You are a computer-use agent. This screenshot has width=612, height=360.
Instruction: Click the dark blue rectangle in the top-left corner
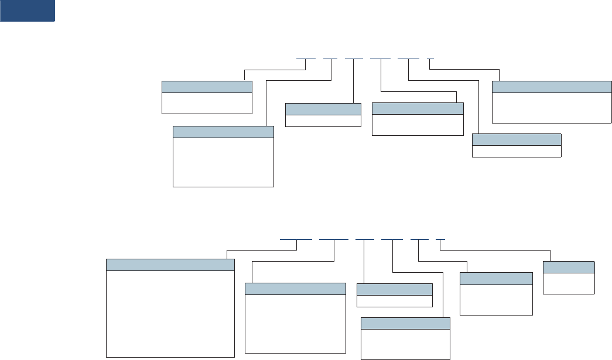28,11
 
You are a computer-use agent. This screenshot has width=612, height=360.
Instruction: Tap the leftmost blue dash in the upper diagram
306,59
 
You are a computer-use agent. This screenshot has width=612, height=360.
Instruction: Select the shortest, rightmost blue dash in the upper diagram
431,59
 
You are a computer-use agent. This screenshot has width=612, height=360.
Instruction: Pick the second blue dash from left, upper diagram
330,59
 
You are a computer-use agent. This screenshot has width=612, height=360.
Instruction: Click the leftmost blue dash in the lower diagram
296,239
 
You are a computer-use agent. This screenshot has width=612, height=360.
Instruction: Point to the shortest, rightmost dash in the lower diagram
441,239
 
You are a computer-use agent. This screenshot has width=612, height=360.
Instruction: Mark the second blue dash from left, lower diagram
333,239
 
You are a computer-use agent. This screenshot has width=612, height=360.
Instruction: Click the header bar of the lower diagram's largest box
170,265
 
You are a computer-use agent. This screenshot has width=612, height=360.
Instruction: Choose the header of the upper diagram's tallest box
223,132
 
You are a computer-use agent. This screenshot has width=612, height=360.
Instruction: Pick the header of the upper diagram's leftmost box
207,87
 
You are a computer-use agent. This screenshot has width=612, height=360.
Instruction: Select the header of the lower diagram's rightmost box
569,267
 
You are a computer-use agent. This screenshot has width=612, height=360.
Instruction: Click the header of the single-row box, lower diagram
394,289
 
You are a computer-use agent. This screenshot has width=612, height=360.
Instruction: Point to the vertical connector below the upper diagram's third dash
353,82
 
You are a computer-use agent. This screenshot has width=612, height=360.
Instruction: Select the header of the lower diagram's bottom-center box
405,324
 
